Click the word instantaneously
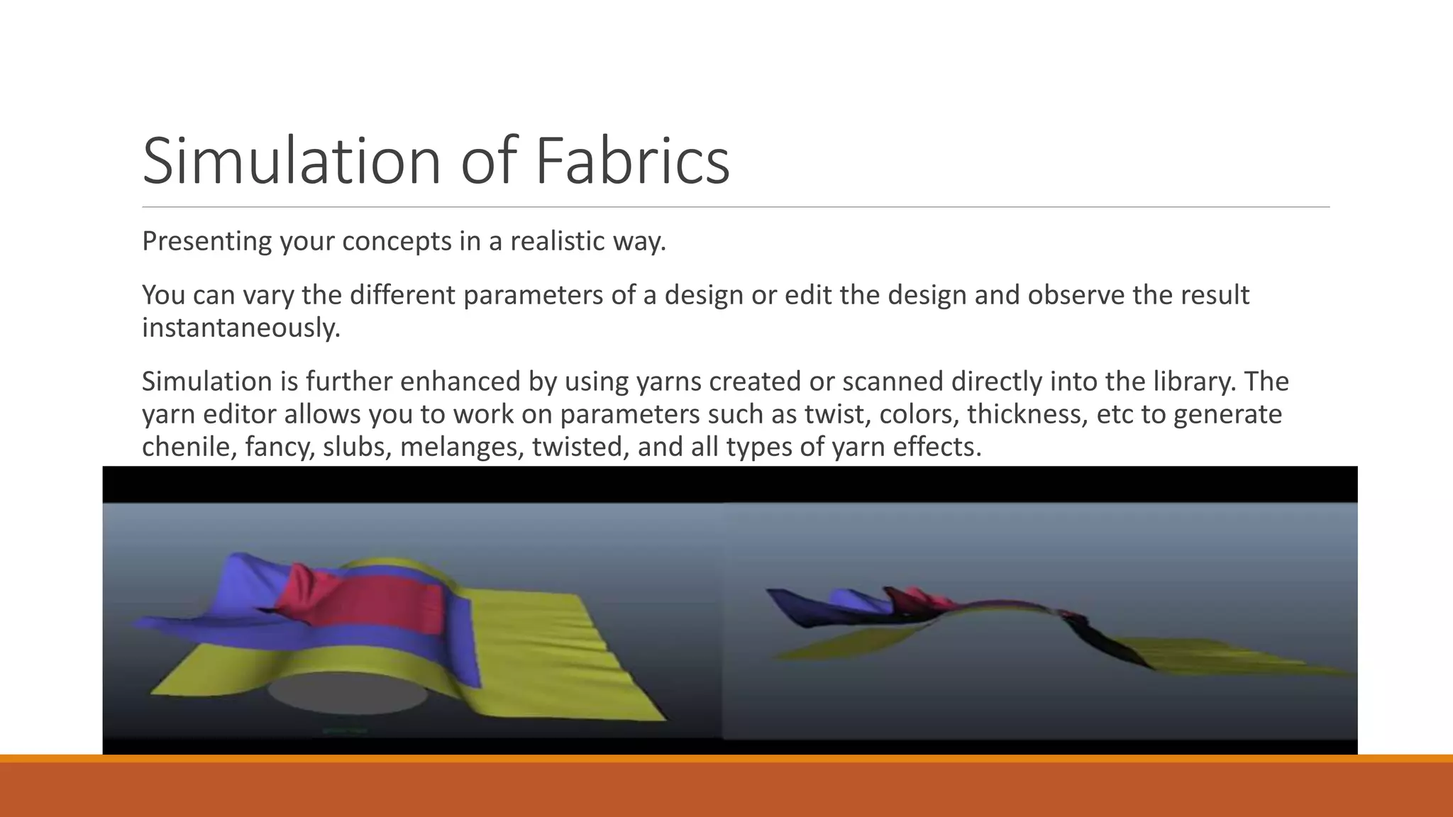pyautogui.click(x=241, y=328)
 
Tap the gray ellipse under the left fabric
pyautogui.click(x=348, y=692)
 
